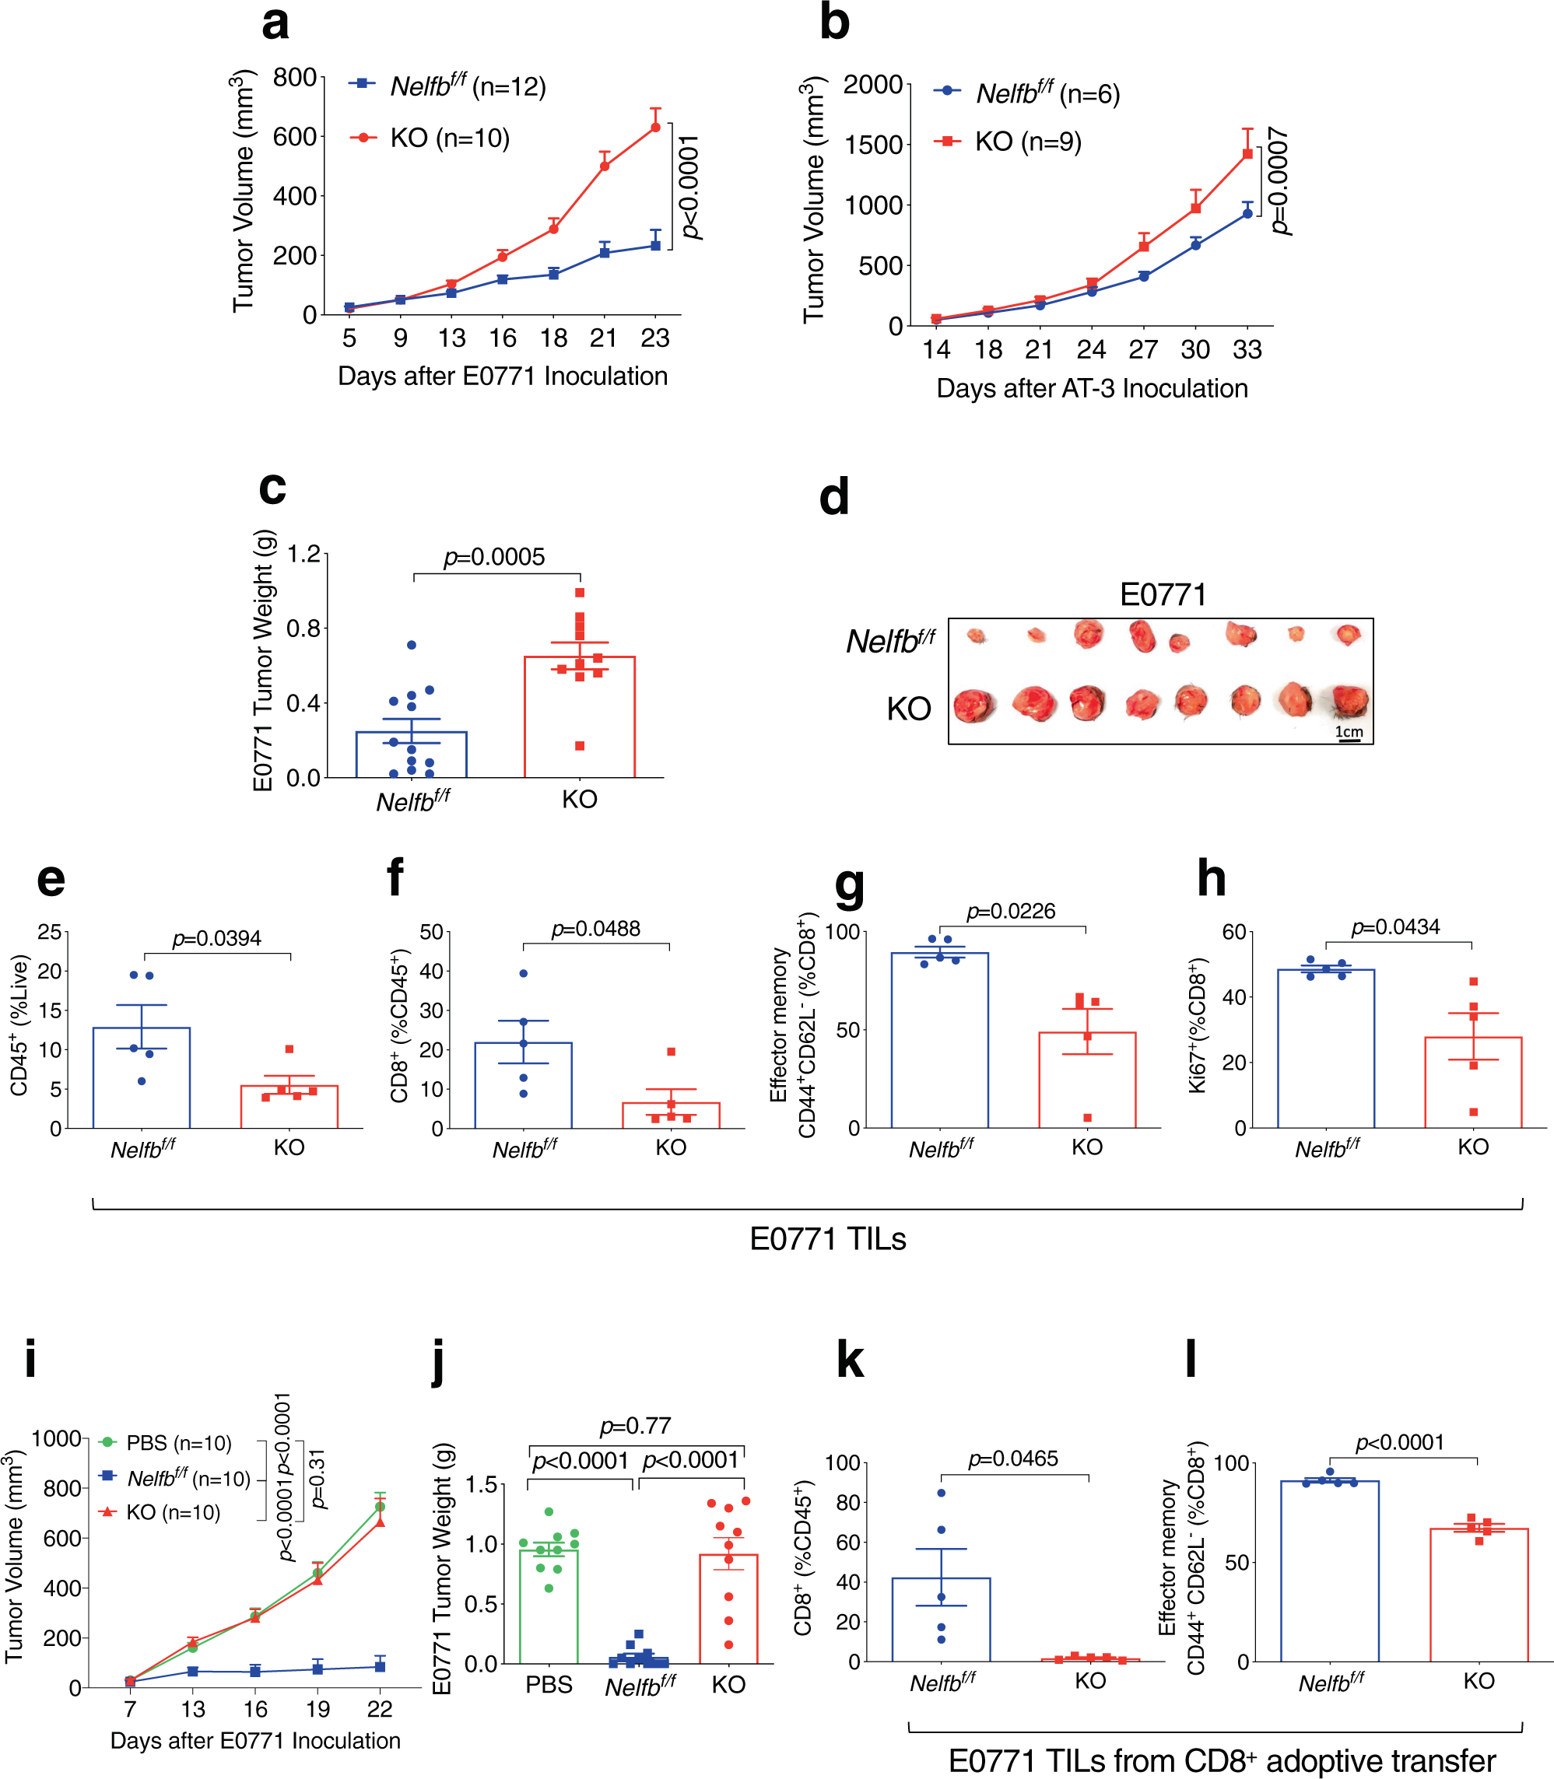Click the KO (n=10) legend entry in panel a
coord(449,138)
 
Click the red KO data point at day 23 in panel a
coord(655,128)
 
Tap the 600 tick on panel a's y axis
coord(295,136)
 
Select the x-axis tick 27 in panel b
coord(1143,349)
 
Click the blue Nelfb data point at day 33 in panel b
coord(1247,213)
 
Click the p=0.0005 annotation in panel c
coord(494,557)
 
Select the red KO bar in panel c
coord(579,720)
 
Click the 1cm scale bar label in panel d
coord(1349,732)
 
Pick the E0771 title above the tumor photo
coord(1163,595)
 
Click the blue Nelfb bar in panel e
coord(142,1080)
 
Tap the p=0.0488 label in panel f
coord(596,929)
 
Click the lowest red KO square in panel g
coord(1087,1118)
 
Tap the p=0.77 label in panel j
coord(635,1426)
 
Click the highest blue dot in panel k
coord(942,1493)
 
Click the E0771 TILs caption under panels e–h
coord(827,1239)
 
